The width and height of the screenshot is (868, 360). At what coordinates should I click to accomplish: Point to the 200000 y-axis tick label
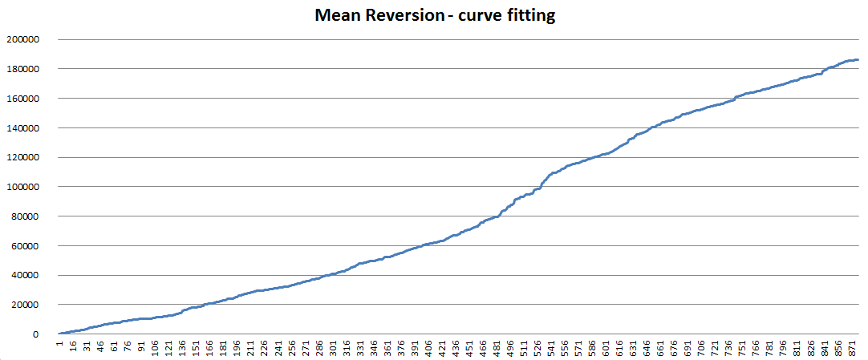[x=23, y=39]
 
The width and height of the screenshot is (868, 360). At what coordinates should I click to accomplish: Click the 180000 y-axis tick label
[x=23, y=69]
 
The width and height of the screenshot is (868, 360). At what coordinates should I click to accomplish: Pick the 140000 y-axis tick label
[x=23, y=127]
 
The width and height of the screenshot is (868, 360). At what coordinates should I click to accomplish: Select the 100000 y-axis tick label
[x=23, y=187]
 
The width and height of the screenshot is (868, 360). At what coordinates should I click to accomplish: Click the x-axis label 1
[x=59, y=346]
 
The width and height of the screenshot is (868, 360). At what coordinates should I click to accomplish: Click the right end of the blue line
[x=858, y=59]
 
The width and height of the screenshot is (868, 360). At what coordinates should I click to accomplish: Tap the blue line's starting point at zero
[x=59, y=334]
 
